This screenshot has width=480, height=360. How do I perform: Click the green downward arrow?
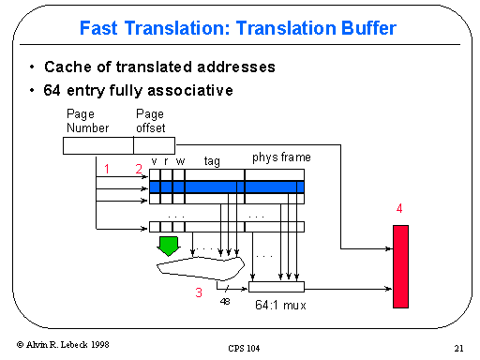click(x=169, y=247)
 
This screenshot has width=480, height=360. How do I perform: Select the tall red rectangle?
click(x=401, y=266)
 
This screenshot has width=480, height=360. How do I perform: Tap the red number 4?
click(x=399, y=209)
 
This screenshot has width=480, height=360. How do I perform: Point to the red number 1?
click(x=108, y=170)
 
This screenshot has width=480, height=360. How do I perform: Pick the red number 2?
click(x=138, y=170)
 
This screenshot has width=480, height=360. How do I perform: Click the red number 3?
click(x=198, y=292)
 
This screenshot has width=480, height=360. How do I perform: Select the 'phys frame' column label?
click(x=280, y=157)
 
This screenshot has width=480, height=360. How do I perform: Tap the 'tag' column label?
click(x=212, y=161)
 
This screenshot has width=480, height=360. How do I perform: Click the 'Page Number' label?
click(x=87, y=120)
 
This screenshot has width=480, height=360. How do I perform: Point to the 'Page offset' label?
click(x=150, y=120)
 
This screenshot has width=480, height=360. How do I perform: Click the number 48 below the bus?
click(x=225, y=302)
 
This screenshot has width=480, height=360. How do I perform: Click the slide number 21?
click(x=458, y=348)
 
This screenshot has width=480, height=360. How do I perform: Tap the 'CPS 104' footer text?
click(x=243, y=348)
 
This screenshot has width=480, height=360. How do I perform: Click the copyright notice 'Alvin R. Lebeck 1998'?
click(x=64, y=345)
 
